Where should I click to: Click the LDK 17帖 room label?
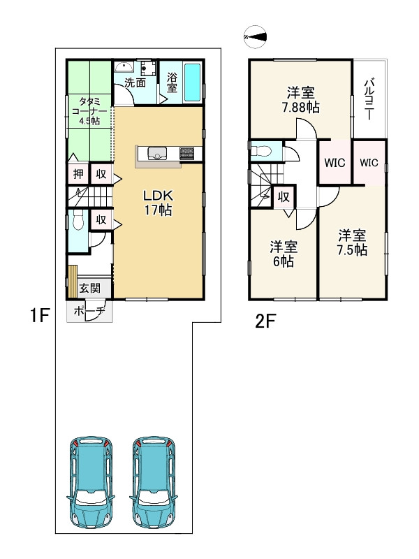pos(159,203)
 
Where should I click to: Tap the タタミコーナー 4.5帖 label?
pos(89,111)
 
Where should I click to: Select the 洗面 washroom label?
pos(135,82)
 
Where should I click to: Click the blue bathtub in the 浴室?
pos(193,82)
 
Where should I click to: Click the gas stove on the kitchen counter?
pos(187,153)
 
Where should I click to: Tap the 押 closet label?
pos(78,174)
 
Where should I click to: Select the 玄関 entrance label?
pos(90,288)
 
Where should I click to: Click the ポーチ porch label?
pos(89,311)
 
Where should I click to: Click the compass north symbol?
pos(255,37)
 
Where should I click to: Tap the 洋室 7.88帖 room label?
pos(301,100)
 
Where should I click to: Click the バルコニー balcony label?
pos(369,99)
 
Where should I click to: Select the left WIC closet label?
pos(335,163)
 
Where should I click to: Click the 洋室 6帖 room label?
pos(284,254)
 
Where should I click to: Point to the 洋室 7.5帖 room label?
pos(352,242)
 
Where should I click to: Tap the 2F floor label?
pos(265,322)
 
